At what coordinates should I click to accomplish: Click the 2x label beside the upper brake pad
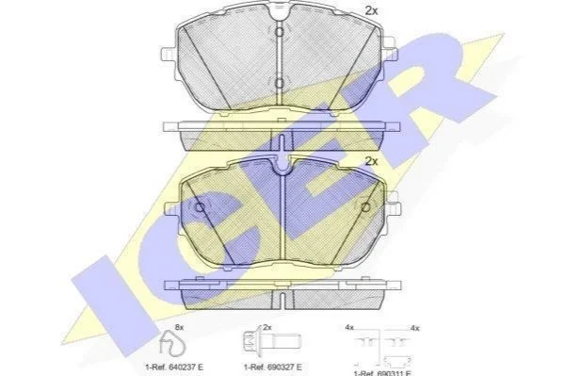tap(371, 11)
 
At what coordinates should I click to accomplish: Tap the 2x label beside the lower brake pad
tap(371, 162)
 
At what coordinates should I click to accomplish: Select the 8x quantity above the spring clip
tap(179, 328)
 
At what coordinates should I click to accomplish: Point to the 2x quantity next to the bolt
tap(266, 328)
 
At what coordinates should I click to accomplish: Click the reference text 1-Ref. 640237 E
tap(174, 368)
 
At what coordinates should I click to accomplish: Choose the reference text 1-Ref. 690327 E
tap(273, 368)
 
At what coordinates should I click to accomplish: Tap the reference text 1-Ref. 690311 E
tap(382, 373)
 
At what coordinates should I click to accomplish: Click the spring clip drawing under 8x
tap(172, 342)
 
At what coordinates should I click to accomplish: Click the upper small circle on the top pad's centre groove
tap(280, 32)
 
